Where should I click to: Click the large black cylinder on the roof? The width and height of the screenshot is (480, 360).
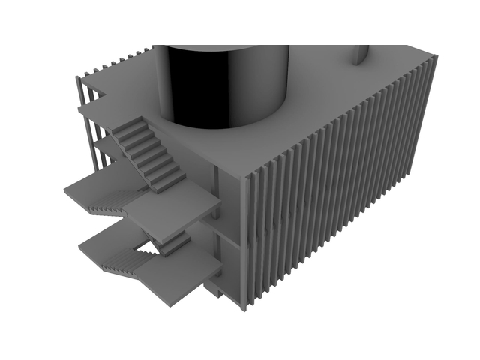[221, 84]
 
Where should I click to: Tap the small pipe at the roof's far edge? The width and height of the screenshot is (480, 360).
[361, 55]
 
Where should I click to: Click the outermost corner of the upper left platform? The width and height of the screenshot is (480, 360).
[64, 189]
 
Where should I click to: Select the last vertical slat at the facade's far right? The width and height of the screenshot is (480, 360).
[428, 112]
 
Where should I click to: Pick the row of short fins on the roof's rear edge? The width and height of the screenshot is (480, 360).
[120, 60]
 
